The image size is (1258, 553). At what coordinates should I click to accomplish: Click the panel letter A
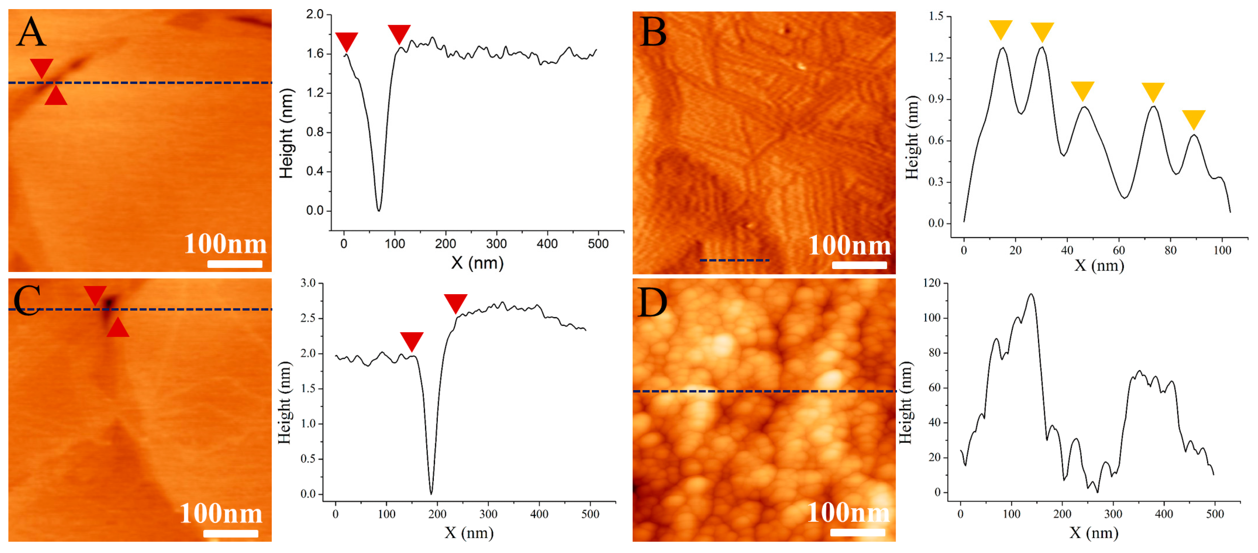click(31, 32)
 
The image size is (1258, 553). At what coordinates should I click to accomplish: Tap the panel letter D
click(652, 303)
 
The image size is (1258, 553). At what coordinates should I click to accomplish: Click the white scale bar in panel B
click(859, 265)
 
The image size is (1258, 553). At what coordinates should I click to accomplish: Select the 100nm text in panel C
click(221, 513)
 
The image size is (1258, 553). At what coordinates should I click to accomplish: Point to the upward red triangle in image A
click(56, 96)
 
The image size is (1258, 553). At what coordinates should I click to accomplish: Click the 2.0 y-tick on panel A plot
click(315, 14)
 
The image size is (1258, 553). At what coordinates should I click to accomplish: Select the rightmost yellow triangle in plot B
click(1194, 119)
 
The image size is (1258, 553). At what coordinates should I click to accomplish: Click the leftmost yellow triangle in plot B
click(1000, 29)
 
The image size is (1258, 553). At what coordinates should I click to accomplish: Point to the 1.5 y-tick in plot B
click(936, 17)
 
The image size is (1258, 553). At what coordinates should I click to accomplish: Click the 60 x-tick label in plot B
click(1119, 250)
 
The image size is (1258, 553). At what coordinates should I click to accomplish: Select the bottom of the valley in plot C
click(431, 493)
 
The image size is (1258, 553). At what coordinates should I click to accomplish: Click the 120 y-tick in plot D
click(931, 283)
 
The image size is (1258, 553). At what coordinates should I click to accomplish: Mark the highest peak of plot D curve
click(1031, 294)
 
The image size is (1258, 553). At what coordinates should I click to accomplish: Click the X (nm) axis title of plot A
click(477, 263)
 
